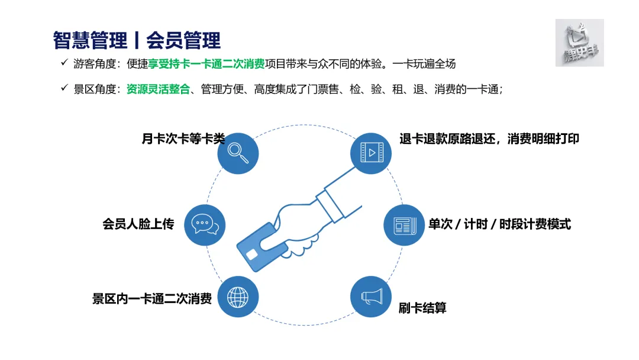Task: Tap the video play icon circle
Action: point(372,153)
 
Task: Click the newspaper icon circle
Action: point(404,225)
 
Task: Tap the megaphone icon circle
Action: point(371,295)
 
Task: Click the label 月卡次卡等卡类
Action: point(183,139)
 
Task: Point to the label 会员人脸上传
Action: point(138,224)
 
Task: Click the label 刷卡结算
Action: point(422,308)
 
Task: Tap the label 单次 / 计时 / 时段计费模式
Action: point(499,224)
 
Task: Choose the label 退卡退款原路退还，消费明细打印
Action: point(489,139)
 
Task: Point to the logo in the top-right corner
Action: point(579,43)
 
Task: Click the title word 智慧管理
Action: point(90,40)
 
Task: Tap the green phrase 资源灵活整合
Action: point(158,89)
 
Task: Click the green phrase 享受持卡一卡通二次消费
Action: point(206,64)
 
